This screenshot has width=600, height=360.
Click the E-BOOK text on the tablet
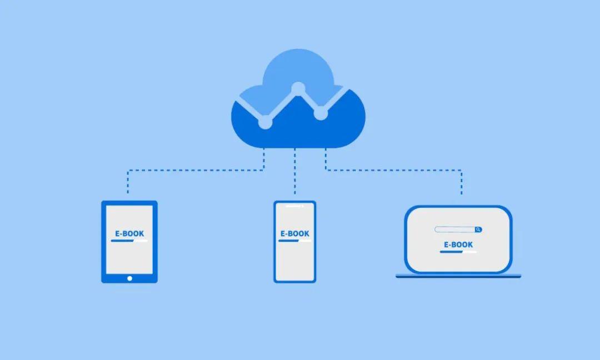(x=129, y=234)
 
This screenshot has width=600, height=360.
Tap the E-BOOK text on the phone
(x=294, y=234)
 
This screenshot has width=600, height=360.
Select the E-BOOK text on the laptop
(x=458, y=244)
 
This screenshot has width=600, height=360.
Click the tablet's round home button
(x=129, y=278)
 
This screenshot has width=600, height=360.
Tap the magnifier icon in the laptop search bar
(x=478, y=229)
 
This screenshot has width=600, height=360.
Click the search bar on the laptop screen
(x=455, y=229)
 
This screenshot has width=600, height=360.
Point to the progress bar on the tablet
(x=129, y=242)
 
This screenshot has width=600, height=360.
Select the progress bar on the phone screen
(x=294, y=242)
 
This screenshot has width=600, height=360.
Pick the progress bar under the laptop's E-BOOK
(x=458, y=252)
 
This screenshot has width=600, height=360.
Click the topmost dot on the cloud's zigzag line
(x=298, y=88)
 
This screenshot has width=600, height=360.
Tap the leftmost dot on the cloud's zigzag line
(x=266, y=122)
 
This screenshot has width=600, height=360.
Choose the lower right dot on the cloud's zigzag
(x=321, y=114)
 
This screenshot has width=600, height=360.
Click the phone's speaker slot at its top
(x=294, y=206)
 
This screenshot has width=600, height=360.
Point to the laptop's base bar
(x=458, y=276)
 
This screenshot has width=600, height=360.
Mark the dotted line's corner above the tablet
(x=128, y=170)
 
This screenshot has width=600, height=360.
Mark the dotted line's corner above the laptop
(x=462, y=170)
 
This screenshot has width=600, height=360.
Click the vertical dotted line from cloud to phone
(x=295, y=172)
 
